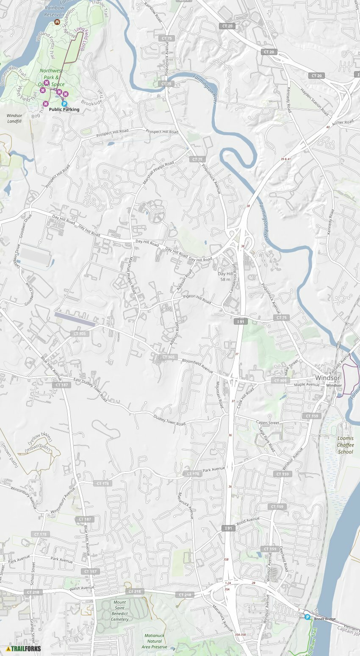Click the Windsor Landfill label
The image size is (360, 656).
pyautogui.click(x=14, y=118)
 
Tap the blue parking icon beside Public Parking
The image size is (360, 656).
pyautogui.click(x=64, y=103)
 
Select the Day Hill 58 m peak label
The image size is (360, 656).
pyautogui.click(x=225, y=276)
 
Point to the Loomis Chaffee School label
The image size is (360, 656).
pyautogui.click(x=345, y=445)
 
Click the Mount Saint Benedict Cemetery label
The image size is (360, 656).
pyautogui.click(x=120, y=611)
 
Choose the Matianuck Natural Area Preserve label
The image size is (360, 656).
pyautogui.click(x=155, y=641)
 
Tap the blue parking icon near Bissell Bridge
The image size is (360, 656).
pyautogui.click(x=307, y=617)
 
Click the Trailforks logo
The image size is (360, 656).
pyautogui.click(x=23, y=649)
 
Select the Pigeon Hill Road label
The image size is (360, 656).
pyautogui.click(x=197, y=299)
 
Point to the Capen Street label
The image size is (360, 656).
pyautogui.click(x=268, y=423)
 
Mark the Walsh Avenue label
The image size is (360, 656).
pyautogui.click(x=81, y=588)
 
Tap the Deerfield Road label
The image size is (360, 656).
pyautogui.click(x=283, y=558)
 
